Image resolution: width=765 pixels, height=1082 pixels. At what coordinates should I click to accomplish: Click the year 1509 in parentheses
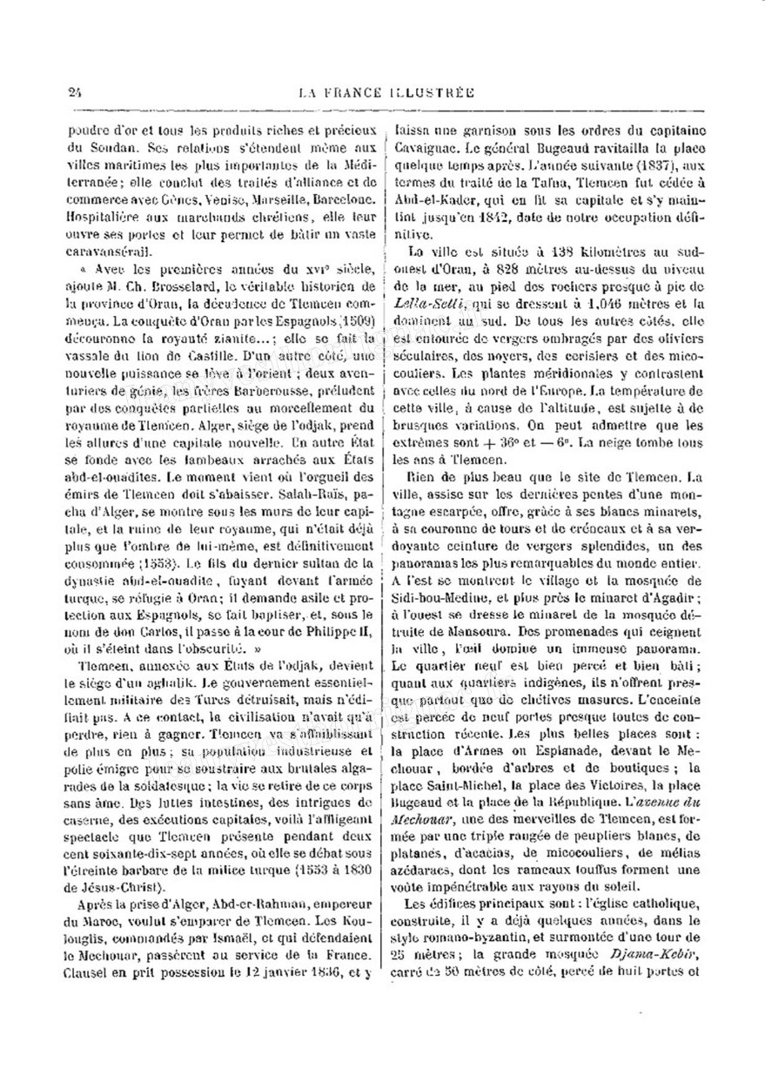(x=352, y=317)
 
